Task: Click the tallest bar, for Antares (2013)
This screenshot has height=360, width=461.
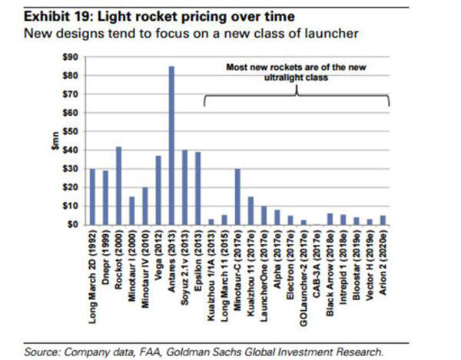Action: coord(171,146)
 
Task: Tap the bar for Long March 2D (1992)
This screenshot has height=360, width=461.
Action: coord(92,197)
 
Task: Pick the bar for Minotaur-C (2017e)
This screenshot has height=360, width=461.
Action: coord(237,197)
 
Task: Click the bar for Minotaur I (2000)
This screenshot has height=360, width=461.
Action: coord(131,210)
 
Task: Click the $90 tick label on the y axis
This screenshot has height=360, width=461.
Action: coord(69,57)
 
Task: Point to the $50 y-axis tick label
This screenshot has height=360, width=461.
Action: coord(69,131)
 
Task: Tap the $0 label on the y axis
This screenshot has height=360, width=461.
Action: coord(71,225)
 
